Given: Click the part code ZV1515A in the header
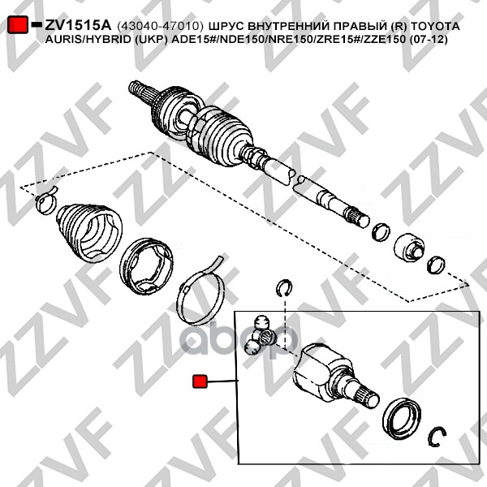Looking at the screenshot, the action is tap(78, 25).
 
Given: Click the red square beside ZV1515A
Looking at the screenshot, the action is tap(17, 24).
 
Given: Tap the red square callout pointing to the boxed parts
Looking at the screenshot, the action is tap(200, 381).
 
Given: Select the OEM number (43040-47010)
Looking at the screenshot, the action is tap(161, 26).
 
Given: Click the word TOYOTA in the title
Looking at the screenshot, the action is tap(435, 26).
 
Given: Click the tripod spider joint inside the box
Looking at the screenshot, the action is tap(261, 334).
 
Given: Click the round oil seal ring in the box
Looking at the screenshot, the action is tap(402, 420).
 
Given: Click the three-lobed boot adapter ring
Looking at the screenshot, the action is tap(146, 266).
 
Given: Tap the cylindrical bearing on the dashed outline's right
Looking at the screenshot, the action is tap(408, 247).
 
